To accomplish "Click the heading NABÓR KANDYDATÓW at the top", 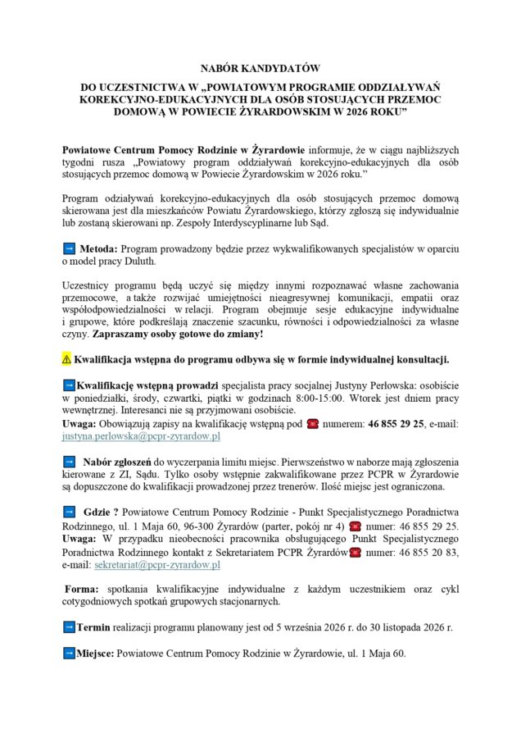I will [260, 69].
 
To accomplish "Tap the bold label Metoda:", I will [98, 248].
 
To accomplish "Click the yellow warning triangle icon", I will [66, 360].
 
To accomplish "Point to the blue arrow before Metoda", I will [69, 248].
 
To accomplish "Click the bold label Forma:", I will [83, 589].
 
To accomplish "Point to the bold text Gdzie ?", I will [101, 512].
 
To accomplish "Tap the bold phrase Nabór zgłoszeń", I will [116, 462].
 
